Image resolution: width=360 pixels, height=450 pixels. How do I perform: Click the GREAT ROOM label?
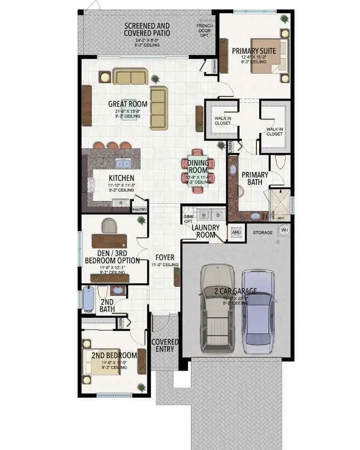point(124,104)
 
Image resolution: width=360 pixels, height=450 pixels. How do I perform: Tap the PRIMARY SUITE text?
point(253,51)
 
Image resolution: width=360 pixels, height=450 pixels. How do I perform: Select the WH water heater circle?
point(284,230)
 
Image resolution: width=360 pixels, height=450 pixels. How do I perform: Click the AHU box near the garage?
point(236,232)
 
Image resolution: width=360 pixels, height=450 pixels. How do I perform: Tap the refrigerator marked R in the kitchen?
point(121,203)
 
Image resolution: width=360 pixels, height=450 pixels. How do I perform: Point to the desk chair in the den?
point(109,226)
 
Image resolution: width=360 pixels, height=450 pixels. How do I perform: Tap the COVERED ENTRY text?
point(164,345)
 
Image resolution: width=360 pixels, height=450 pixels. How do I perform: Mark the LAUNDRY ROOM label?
point(205,231)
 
